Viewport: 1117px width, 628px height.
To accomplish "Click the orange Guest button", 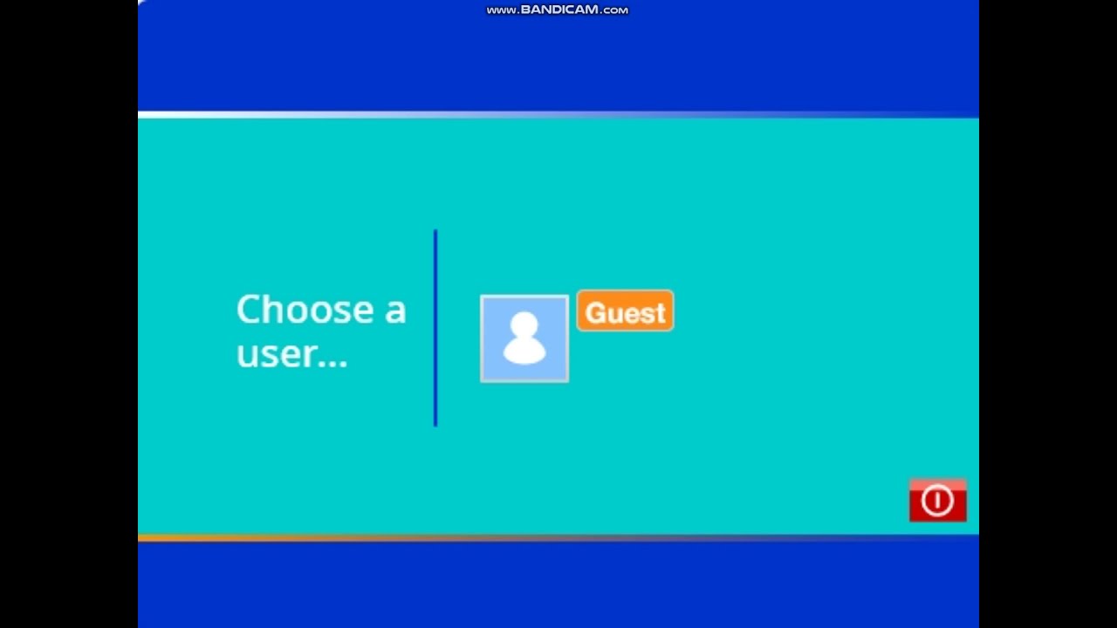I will (x=625, y=311).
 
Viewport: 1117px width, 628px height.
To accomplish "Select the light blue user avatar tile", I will (x=524, y=338).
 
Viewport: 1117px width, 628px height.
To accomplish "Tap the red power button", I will (x=937, y=501).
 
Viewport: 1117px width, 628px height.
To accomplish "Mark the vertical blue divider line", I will (x=435, y=327).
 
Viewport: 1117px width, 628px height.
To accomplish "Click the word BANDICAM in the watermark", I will (x=560, y=10).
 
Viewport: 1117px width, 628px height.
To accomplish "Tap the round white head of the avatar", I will (x=524, y=325).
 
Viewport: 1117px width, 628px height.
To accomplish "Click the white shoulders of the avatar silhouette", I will (x=524, y=350).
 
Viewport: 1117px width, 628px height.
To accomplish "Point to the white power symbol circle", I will (x=937, y=501).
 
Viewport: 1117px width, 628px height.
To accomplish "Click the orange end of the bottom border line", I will (x=153, y=537).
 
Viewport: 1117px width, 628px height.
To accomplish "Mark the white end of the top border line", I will (x=153, y=114).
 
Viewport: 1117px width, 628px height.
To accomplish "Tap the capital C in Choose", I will (x=250, y=311).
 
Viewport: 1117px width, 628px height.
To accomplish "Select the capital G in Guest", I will (x=595, y=312).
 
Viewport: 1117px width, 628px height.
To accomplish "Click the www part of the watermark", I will (x=501, y=10).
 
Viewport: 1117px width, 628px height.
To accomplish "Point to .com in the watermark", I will (x=614, y=10).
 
